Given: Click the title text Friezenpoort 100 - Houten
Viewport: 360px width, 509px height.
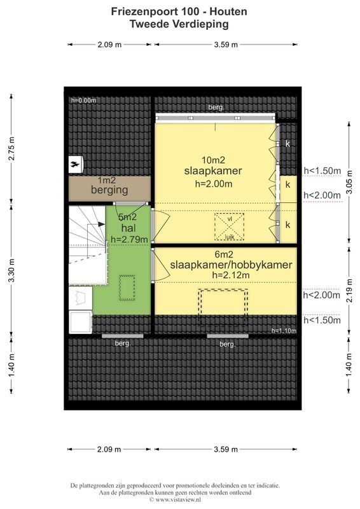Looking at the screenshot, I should pos(179,11).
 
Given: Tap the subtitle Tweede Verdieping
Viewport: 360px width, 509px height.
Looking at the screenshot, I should pos(179,24).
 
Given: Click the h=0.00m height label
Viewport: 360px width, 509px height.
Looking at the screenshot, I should pos(83,101).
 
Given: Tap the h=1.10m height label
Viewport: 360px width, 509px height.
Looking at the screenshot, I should pos(284,330).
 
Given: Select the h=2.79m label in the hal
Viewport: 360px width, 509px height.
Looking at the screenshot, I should pos(129,239).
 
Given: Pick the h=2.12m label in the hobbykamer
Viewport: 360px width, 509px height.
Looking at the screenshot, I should pos(231,275).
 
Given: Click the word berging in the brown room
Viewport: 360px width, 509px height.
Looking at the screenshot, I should pos(109,190).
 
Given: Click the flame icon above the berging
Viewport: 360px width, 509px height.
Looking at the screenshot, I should pos(75,164).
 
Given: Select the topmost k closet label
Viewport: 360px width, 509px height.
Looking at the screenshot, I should pos(288,144).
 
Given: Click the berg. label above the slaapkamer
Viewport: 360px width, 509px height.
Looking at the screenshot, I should pos(216,108).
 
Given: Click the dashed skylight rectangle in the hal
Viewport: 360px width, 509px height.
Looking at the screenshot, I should pos(129,287).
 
